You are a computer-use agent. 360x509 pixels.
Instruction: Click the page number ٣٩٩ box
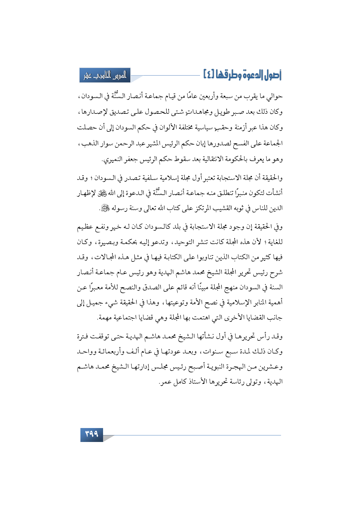(92, 434)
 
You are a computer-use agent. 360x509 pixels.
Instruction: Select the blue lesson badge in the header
(105, 75)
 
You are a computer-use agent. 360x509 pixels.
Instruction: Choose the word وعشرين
(271, 367)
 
